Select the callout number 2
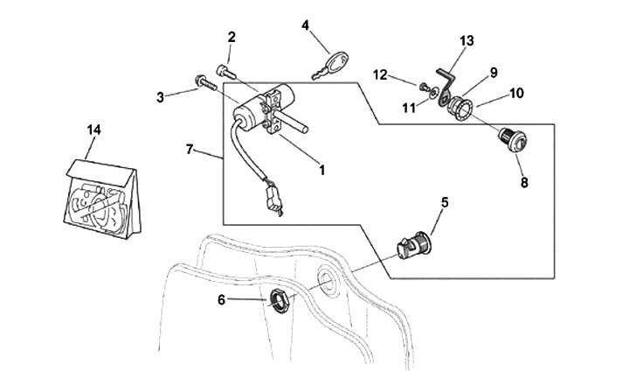click(232, 37)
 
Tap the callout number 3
click(161, 97)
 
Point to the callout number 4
click(306, 25)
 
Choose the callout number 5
click(444, 202)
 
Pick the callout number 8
click(524, 183)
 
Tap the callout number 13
click(467, 40)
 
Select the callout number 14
click(93, 130)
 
